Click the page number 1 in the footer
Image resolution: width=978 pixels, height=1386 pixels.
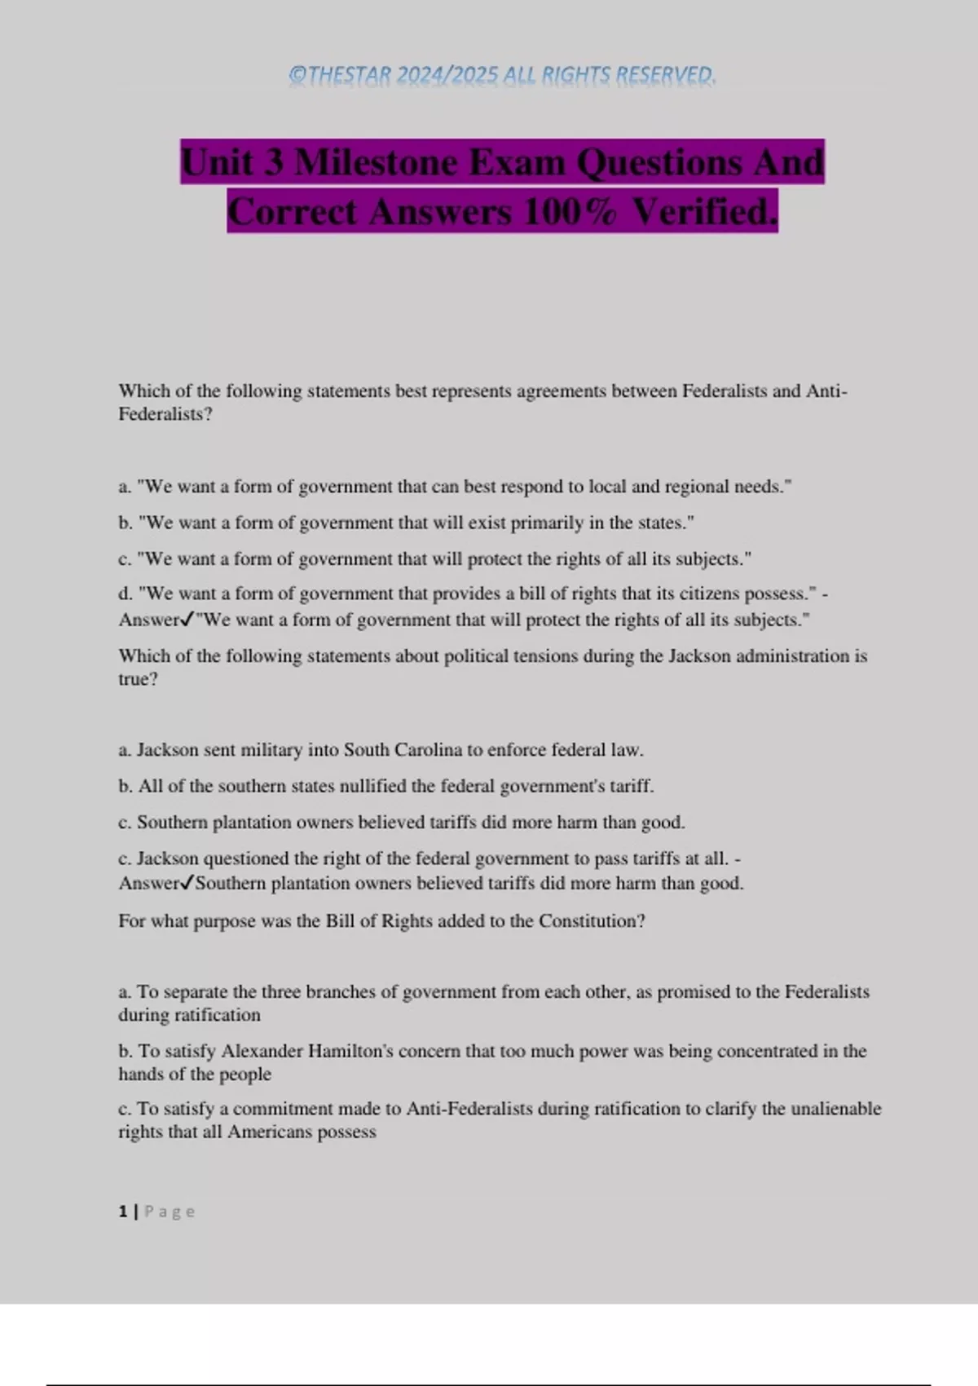(122, 1212)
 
